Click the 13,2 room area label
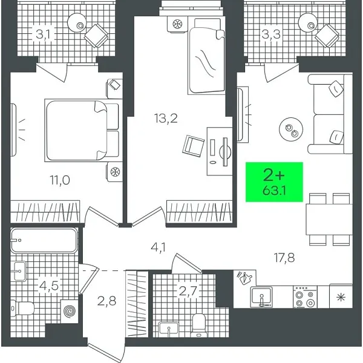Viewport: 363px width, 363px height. click(x=165, y=118)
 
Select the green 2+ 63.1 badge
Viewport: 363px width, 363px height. click(x=273, y=181)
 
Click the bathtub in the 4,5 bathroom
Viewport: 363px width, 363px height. click(x=44, y=240)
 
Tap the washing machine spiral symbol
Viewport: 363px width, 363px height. click(x=70, y=312)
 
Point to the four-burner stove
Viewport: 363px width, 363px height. click(x=303, y=296)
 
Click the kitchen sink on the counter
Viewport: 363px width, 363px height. click(x=263, y=296)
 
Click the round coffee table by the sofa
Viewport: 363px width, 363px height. click(x=289, y=129)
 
